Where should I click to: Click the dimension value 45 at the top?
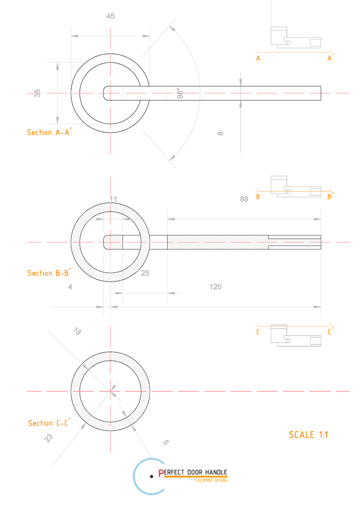[110, 16]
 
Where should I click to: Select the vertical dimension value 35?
[38, 93]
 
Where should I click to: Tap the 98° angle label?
[180, 94]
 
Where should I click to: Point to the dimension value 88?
[244, 199]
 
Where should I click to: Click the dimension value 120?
[215, 287]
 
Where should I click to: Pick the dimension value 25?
[145, 273]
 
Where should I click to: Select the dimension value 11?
[113, 199]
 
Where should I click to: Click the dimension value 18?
[77, 331]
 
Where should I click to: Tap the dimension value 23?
[49, 438]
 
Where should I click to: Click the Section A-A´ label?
[48, 132]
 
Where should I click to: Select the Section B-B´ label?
[49, 273]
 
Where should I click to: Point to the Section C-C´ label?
[49, 423]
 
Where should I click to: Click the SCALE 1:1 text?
[309, 435]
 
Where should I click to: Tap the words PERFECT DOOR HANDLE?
[193, 472]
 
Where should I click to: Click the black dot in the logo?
[151, 476]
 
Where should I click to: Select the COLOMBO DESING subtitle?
[211, 480]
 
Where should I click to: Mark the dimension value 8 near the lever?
[220, 133]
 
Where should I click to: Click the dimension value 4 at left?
[70, 287]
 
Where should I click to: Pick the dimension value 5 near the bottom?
[165, 442]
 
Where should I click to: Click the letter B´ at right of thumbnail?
[331, 197]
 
